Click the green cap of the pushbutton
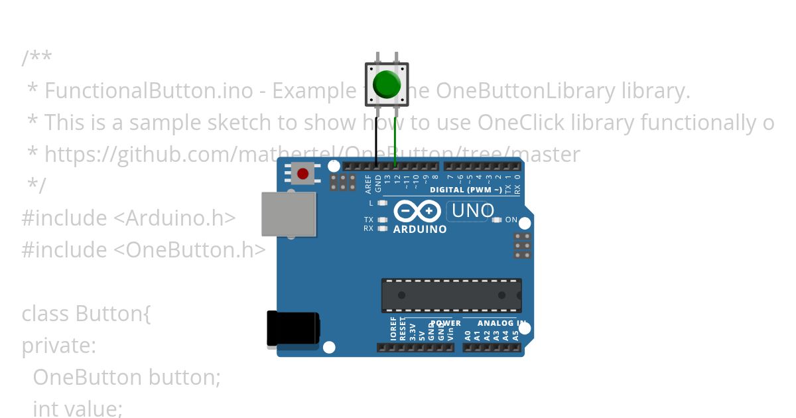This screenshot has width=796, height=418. (387, 84)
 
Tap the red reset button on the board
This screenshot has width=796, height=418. (303, 174)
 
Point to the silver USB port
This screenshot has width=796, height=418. (288, 214)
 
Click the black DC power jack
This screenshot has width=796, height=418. (292, 329)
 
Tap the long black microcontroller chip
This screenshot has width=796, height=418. (451, 295)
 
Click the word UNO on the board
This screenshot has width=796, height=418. (472, 211)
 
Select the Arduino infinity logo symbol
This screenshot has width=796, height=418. (417, 212)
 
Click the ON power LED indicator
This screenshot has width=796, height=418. (497, 220)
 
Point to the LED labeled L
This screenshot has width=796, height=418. (381, 203)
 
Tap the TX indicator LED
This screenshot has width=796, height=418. (381, 220)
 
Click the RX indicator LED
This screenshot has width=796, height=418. (381, 228)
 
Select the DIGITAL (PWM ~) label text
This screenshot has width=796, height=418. (465, 190)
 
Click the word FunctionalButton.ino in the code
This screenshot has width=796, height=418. (149, 91)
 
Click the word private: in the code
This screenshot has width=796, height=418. (59, 346)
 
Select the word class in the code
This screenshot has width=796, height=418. (46, 313)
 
